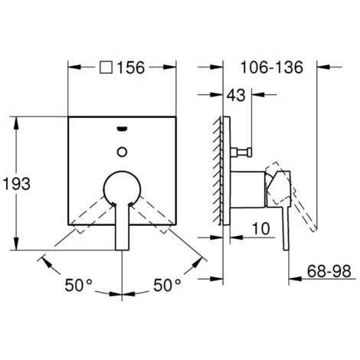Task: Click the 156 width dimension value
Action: click(x=131, y=67)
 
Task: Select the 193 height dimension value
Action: click(x=17, y=184)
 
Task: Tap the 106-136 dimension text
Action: click(x=272, y=67)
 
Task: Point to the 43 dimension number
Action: click(x=236, y=95)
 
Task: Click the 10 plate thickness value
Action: click(x=260, y=228)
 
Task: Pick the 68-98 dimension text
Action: click(x=329, y=271)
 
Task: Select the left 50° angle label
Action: click(x=78, y=285)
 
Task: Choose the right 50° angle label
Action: click(x=167, y=285)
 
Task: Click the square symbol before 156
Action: click(x=106, y=67)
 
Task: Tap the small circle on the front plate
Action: click(x=122, y=152)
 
